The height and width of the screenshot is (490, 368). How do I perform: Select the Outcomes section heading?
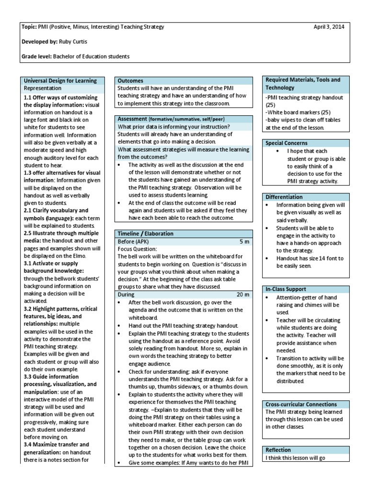pos(131,81)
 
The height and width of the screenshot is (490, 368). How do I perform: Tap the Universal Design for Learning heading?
pos(60,81)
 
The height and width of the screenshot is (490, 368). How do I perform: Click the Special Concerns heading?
pos(287,143)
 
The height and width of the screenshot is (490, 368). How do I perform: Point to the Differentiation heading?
pos(284,197)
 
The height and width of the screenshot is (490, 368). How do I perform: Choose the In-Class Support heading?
pos(286,290)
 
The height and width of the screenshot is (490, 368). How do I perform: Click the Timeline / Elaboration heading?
pos(146,234)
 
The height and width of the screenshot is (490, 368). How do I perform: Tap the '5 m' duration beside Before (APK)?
pos(244,242)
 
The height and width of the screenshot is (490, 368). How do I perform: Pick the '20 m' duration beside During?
pos(243,295)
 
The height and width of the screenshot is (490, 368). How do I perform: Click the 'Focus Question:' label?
pos(138,249)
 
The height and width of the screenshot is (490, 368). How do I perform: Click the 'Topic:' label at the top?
pos(30,27)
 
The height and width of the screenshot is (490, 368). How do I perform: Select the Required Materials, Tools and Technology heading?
pos(303,84)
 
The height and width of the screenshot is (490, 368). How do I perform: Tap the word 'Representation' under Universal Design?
pos(43,88)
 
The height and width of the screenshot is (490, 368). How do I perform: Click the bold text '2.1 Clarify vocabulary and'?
pos(56,211)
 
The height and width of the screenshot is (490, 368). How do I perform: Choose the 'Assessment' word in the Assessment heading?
pos(132,118)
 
